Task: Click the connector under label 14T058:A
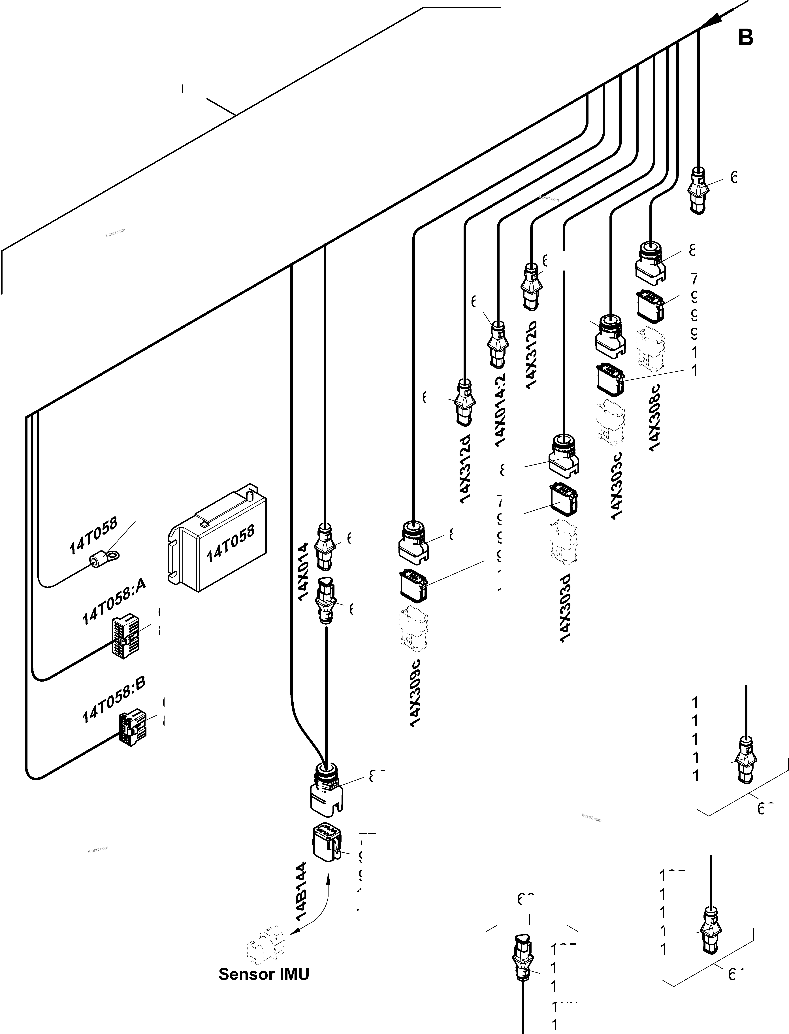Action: (124, 637)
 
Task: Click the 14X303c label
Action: (617, 485)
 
